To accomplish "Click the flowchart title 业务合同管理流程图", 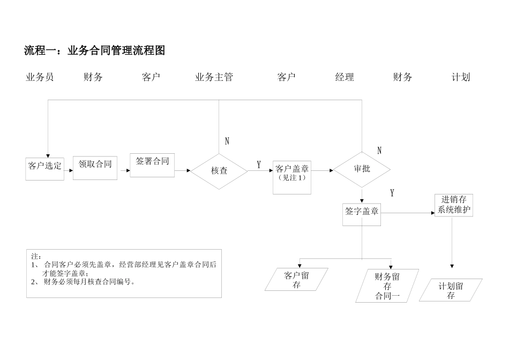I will (x=95, y=51).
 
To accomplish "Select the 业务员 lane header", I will (x=40, y=77).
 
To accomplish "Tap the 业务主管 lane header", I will (x=214, y=77).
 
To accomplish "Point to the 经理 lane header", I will (x=345, y=77).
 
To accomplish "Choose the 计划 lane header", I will (x=461, y=77).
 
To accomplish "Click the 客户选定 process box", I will (x=45, y=168).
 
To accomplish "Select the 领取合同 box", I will (x=95, y=167).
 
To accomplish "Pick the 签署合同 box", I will (x=152, y=164).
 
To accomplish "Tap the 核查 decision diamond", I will (x=219, y=171).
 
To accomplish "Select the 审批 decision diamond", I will (x=362, y=169).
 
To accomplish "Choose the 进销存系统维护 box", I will (x=453, y=205).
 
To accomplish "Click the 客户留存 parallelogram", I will (x=296, y=280).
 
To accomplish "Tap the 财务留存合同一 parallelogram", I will (x=387, y=286).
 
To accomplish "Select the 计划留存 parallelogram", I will (x=451, y=290).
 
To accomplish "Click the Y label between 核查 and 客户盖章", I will (x=259, y=165).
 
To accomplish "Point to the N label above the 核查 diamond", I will (x=227, y=141).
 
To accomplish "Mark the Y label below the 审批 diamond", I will (x=392, y=193).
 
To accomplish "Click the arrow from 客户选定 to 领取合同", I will (x=69, y=171).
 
